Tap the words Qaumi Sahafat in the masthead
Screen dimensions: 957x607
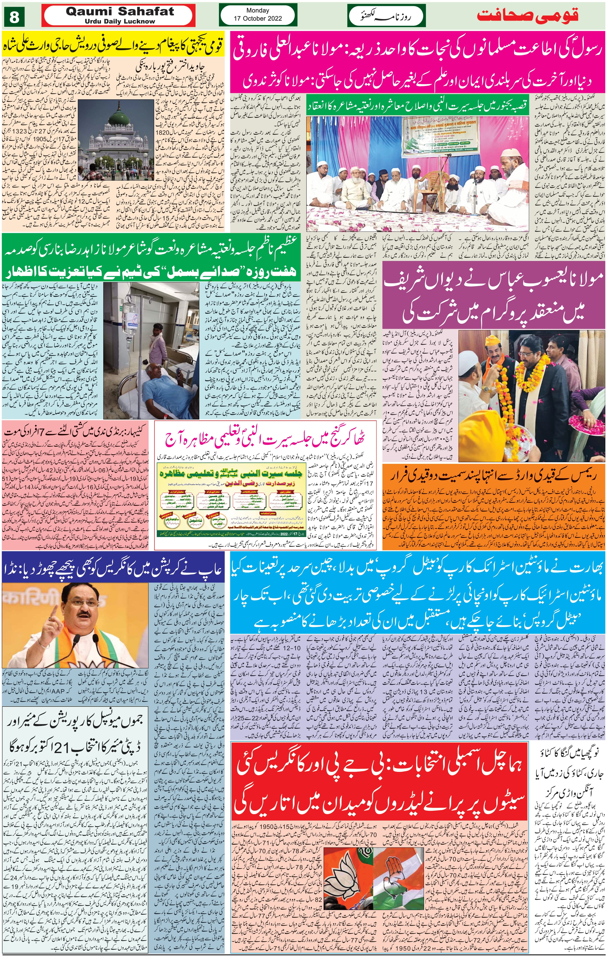point(120,12)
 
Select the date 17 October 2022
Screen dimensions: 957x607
point(257,18)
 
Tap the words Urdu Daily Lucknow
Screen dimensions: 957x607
point(120,22)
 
